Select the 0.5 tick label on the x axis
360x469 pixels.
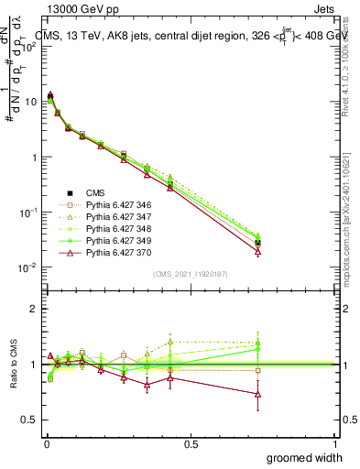pyautogui.click(x=191, y=443)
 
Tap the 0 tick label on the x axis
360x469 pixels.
pyautogui.click(x=45, y=443)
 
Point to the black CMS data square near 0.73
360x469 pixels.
pyautogui.click(x=258, y=243)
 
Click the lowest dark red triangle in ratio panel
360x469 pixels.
pyautogui.click(x=258, y=394)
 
